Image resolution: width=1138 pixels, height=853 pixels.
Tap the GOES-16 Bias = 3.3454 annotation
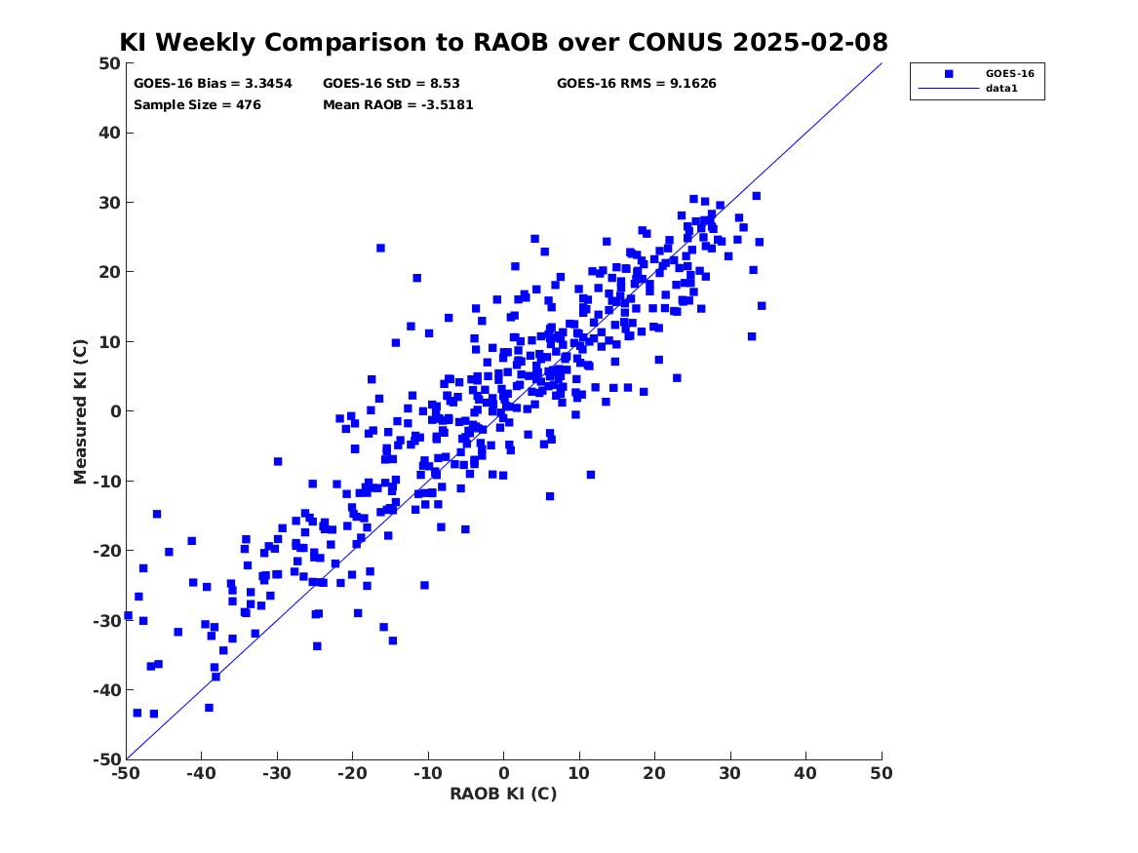(213, 84)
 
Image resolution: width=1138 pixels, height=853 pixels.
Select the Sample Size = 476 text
(197, 105)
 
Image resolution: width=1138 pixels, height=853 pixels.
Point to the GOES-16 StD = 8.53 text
(391, 84)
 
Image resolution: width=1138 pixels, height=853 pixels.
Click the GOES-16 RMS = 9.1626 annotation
(637, 84)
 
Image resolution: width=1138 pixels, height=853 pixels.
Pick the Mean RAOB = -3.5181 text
(398, 105)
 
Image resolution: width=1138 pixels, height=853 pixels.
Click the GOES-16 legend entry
(1009, 73)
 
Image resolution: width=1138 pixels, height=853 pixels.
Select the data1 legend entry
(1001, 89)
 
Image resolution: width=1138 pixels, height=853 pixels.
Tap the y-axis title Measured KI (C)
(80, 411)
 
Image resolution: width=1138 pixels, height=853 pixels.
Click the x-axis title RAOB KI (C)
(504, 794)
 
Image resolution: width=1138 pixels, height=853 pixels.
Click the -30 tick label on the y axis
(106, 620)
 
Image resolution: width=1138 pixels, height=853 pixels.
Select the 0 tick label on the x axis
(504, 773)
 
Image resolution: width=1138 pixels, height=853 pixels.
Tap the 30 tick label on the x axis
(730, 773)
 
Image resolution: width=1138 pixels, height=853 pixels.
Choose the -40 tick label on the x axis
(202, 773)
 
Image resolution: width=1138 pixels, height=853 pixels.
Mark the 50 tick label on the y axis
(109, 63)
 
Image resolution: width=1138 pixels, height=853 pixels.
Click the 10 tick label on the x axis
(579, 773)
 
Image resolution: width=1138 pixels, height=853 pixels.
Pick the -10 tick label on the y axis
(106, 481)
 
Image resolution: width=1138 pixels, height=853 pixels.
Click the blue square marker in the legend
(949, 73)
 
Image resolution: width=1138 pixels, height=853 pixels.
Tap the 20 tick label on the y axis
(109, 272)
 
